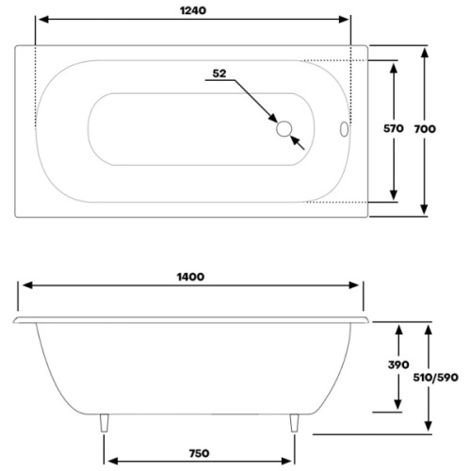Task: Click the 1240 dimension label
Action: point(191,10)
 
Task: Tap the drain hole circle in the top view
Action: point(284,127)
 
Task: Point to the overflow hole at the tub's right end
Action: point(342,127)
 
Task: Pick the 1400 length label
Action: point(191,277)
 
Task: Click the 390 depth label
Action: point(398,365)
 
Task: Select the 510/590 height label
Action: point(436,376)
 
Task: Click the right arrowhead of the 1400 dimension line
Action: point(359,288)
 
